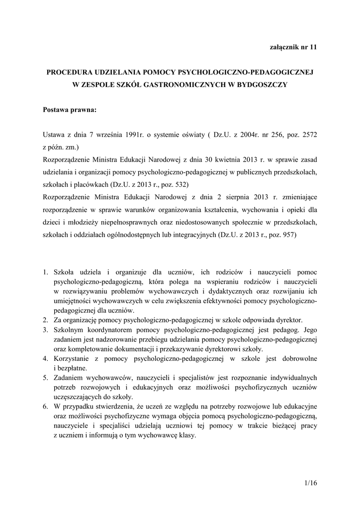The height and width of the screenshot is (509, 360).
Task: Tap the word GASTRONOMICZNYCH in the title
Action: click(x=179, y=85)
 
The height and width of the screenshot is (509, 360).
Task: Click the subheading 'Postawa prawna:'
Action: click(x=69, y=110)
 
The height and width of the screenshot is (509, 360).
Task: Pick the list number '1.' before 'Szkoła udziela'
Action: click(x=45, y=272)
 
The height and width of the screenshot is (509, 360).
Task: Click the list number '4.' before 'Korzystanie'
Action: click(x=45, y=358)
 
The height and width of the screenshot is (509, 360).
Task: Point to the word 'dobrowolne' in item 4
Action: click(x=296, y=358)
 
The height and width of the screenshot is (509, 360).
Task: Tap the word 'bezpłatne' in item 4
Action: click(x=72, y=368)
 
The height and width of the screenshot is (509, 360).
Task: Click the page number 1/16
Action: click(x=309, y=483)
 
